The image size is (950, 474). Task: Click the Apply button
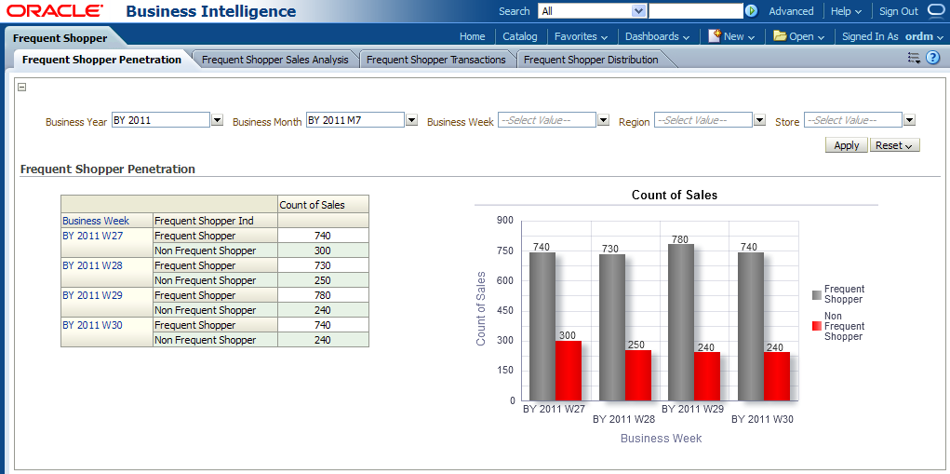coord(846,145)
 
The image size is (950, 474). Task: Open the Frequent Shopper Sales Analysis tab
coord(274,60)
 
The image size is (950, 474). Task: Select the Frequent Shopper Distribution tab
coord(591,60)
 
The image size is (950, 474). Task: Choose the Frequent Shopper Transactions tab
coord(435,60)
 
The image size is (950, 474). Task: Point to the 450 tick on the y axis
coord(505,311)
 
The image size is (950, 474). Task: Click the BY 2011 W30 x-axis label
coord(763,419)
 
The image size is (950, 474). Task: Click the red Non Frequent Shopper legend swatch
coord(817,326)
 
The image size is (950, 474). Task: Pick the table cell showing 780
coord(323,295)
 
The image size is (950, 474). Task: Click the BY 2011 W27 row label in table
coord(92,236)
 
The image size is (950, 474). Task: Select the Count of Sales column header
coord(312,205)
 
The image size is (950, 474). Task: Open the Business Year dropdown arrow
coord(217,120)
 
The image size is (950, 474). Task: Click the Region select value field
coord(703,120)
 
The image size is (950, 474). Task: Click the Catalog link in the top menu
coord(520,36)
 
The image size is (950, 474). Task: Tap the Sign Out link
coord(899,11)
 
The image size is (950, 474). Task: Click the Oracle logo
coord(54,11)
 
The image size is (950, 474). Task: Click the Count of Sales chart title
coord(675,195)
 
